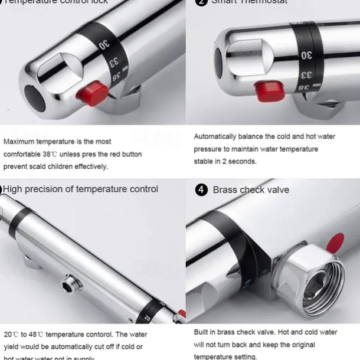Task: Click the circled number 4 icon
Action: pyautogui.click(x=201, y=189)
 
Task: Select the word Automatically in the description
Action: pyautogui.click(x=215, y=136)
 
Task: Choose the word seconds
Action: pyautogui.click(x=244, y=161)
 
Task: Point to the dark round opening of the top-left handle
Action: pyautogui.click(x=34, y=97)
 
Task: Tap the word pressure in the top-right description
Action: pyautogui.click(x=207, y=149)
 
